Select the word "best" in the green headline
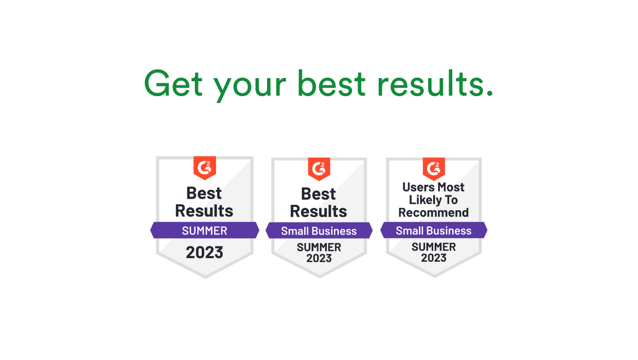(x=331, y=83)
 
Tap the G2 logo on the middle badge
(x=319, y=168)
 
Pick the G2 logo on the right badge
(x=434, y=168)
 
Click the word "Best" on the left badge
(x=204, y=193)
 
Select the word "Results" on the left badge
(x=204, y=211)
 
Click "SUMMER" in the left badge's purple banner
(x=204, y=230)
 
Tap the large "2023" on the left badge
(x=204, y=253)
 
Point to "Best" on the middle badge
(x=318, y=194)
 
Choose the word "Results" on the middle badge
(x=318, y=211)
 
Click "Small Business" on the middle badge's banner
(x=318, y=231)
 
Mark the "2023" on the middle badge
(x=319, y=258)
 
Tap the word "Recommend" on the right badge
(x=433, y=212)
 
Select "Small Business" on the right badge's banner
(x=433, y=231)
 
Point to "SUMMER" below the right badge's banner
(x=434, y=247)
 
